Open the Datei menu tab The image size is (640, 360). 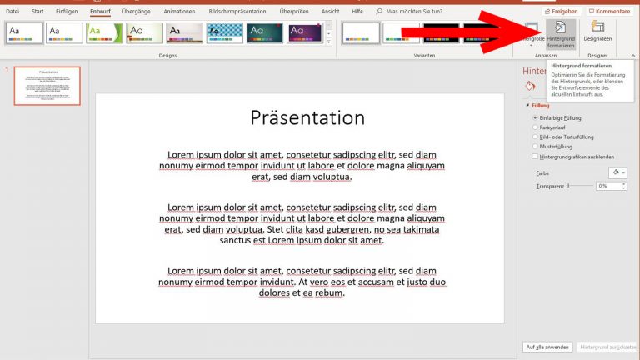[12, 12]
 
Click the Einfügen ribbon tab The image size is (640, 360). [66, 12]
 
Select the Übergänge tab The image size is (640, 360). [137, 12]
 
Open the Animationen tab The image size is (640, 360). [180, 12]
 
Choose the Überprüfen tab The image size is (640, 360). [293, 12]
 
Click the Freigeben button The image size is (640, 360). [561, 12]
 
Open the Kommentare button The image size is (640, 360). [609, 12]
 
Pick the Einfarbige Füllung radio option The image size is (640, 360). [535, 118]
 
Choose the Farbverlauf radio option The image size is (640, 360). [535, 127]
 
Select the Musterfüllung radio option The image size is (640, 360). [535, 146]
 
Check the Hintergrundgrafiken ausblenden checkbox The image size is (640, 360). [535, 156]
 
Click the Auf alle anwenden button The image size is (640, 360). [547, 347]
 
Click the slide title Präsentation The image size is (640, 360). [307, 117]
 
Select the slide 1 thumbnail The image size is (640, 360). [47, 86]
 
